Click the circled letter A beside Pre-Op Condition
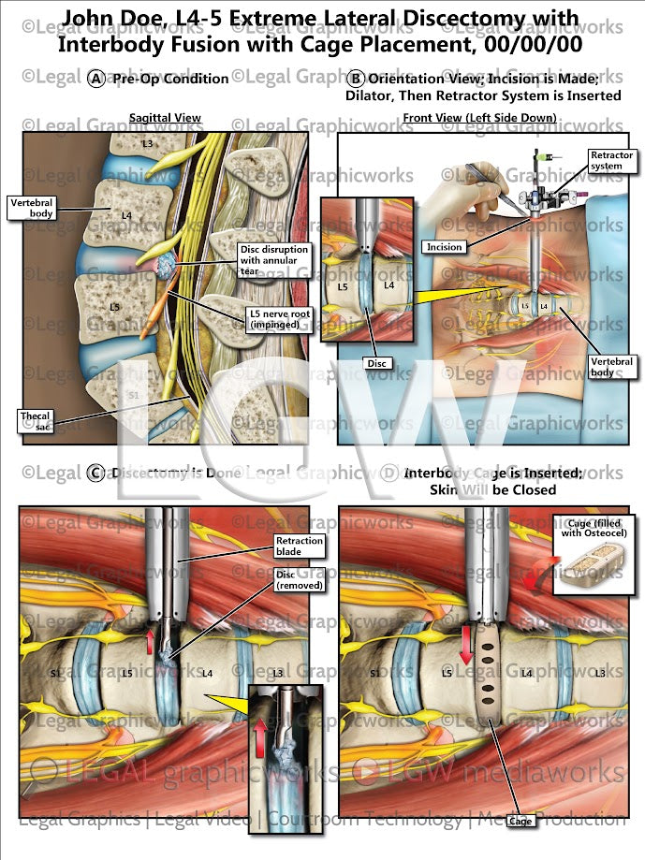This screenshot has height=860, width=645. (96, 80)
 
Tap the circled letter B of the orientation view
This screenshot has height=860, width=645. (356, 80)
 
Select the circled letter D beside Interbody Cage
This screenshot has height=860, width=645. (389, 473)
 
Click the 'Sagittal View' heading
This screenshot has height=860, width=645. (165, 118)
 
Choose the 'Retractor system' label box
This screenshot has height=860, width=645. (611, 161)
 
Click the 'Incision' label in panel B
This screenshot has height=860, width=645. (443, 247)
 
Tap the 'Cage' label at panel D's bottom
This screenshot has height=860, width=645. (520, 821)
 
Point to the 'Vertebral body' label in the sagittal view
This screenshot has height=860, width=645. (32, 208)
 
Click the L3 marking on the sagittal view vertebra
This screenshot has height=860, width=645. (147, 143)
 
